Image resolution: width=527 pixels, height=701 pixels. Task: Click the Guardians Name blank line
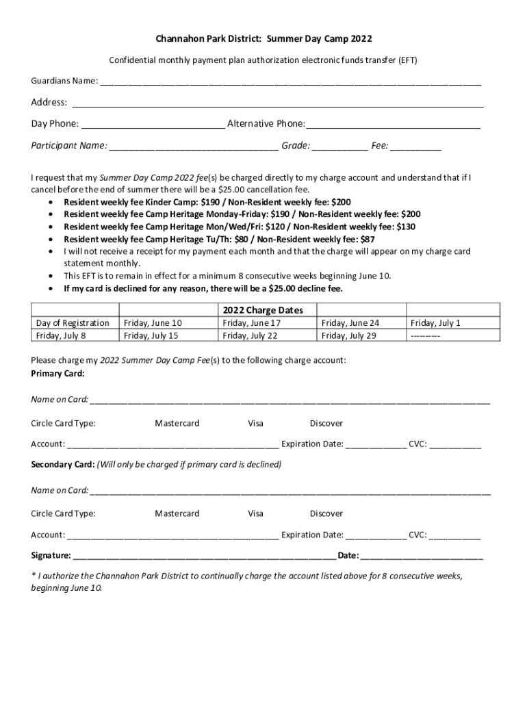(x=290, y=83)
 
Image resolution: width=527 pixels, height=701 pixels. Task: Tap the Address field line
(x=278, y=105)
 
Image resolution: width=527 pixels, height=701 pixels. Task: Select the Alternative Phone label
(x=266, y=124)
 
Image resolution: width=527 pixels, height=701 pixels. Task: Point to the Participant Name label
(x=68, y=146)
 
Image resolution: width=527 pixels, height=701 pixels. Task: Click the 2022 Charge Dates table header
(x=263, y=310)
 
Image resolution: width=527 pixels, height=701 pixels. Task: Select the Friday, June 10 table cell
(x=152, y=322)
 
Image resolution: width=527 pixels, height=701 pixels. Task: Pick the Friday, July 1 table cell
(x=435, y=322)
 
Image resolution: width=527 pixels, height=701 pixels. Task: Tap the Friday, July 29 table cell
(x=349, y=335)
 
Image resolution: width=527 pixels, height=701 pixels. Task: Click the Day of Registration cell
(x=73, y=322)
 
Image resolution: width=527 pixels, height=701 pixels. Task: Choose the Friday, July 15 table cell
(x=150, y=335)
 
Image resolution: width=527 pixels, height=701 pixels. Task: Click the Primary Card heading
(x=58, y=374)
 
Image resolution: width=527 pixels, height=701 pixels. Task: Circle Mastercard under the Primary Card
(x=177, y=423)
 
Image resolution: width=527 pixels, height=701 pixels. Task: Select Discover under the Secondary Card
(x=326, y=513)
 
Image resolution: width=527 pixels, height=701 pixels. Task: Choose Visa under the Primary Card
(x=255, y=423)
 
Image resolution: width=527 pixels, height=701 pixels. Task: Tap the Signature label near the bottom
(x=51, y=555)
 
